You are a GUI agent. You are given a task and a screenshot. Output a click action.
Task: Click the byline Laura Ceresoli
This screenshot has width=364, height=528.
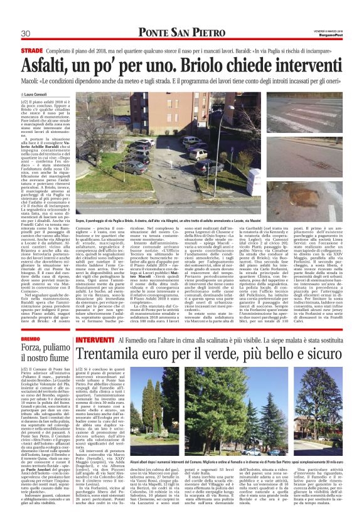point(38,95)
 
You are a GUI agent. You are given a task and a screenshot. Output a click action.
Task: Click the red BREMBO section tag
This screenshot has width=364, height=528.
point(31,339)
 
